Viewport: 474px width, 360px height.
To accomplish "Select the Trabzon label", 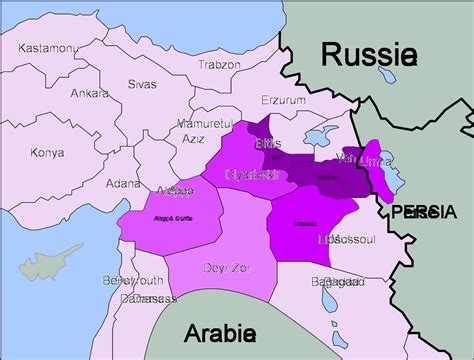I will (x=218, y=64).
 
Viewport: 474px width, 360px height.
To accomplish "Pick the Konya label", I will (x=47, y=152).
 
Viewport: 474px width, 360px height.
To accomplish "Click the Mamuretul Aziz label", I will (x=204, y=128).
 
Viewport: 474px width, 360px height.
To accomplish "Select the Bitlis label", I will (x=269, y=144).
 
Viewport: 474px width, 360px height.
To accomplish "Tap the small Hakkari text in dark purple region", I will (x=326, y=177).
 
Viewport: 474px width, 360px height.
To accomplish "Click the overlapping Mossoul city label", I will (x=346, y=240).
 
